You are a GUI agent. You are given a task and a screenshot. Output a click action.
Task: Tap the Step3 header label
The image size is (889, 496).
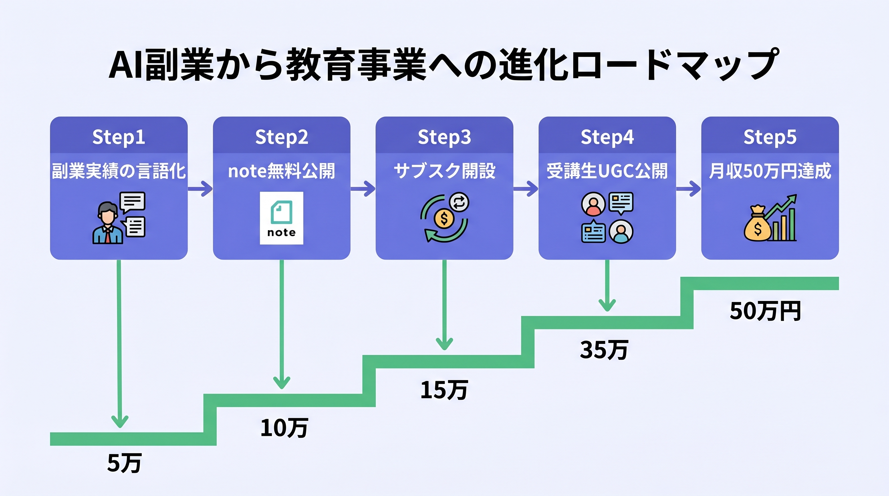point(444,137)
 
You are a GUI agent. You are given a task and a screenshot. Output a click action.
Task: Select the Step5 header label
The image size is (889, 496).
point(769,137)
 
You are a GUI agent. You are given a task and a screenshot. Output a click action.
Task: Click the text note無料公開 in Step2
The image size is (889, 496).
point(281,171)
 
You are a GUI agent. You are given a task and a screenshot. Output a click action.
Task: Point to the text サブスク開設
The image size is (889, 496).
point(444,171)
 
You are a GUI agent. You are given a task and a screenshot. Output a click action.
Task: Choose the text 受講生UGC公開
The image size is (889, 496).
point(607,171)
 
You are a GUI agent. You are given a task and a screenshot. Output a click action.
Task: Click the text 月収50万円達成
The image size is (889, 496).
point(769,171)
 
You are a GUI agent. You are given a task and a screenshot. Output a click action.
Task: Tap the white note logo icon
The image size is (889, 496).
point(281,218)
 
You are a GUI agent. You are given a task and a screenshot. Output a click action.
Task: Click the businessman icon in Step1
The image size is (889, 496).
point(108,223)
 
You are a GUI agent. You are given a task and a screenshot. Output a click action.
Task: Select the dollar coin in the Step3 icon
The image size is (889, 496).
point(444,218)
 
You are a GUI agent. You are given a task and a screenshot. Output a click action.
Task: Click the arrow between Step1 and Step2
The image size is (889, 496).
point(201,189)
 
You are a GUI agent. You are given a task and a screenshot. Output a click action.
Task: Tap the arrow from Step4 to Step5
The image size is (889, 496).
point(689,189)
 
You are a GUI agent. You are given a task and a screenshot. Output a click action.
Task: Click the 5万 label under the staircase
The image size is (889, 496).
point(124,463)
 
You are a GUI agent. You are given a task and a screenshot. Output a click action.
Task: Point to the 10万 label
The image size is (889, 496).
point(284,428)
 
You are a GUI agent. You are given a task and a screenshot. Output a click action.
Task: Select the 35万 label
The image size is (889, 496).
point(604,350)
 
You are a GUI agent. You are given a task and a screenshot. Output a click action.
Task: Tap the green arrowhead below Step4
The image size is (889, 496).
point(607,305)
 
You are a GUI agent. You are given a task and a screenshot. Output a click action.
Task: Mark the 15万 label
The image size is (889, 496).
point(444,390)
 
